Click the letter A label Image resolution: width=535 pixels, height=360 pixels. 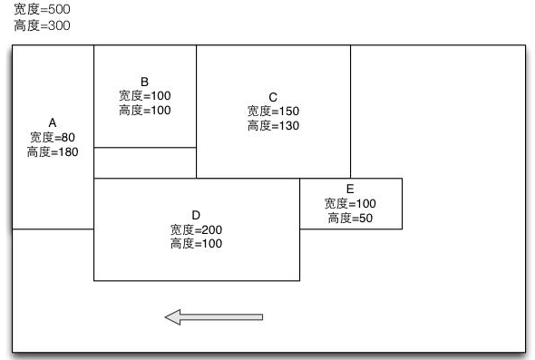53,122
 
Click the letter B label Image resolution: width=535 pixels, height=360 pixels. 144,82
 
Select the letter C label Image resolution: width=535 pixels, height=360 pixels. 273,97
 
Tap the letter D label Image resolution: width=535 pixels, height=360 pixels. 196,215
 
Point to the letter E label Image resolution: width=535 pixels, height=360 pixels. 350,190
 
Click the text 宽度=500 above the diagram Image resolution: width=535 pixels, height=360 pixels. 41,9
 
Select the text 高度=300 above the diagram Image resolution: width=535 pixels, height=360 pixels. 41,25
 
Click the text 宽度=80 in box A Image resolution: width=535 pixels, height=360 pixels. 53,137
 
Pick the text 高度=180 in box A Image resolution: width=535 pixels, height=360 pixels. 53,152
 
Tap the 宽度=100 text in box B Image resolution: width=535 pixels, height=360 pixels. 144,95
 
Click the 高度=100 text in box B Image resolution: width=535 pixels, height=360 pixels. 144,110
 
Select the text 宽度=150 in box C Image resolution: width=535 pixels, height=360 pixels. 273,111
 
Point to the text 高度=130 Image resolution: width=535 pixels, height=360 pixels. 273,126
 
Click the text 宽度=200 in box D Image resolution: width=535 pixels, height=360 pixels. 196,229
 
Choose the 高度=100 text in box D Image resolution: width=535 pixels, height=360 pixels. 196,244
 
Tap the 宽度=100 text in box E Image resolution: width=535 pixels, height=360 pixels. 350,203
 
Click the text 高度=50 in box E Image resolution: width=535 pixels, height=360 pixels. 350,219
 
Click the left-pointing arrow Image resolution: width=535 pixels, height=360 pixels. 214,316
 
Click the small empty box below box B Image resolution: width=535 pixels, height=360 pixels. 145,163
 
